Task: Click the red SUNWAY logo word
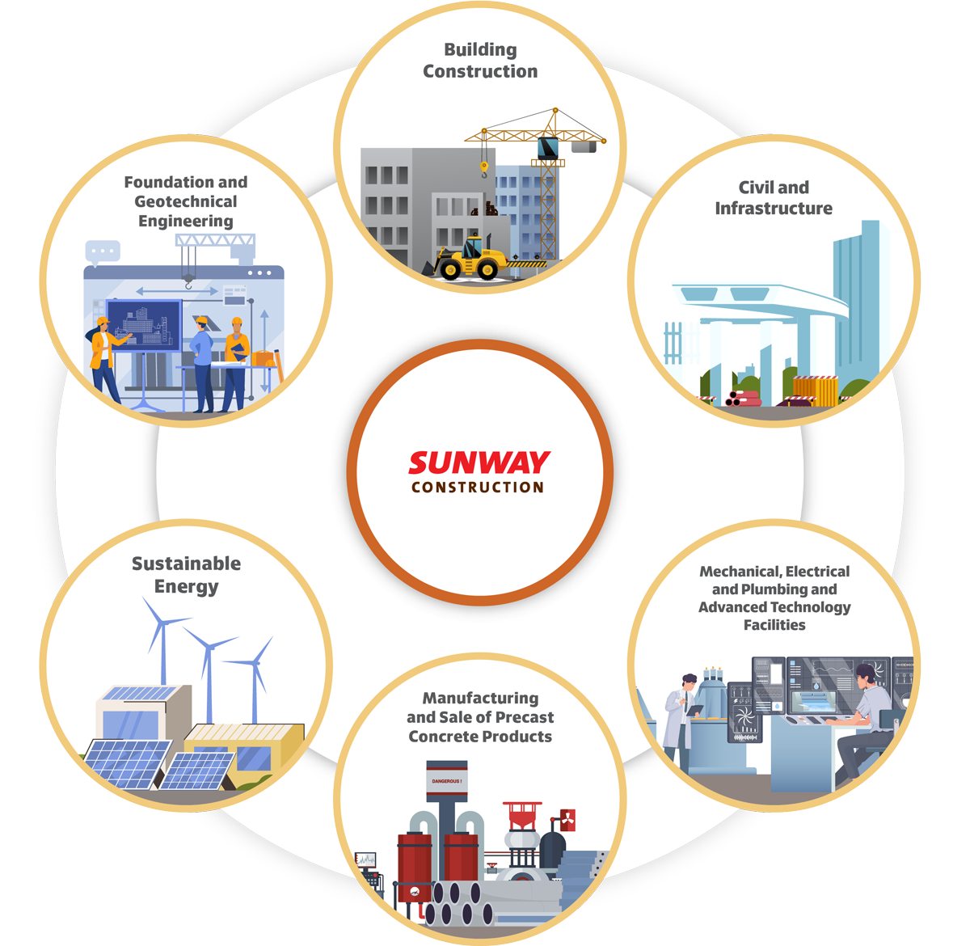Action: click(x=479, y=462)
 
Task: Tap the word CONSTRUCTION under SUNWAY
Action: click(x=478, y=488)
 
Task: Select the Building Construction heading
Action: click(x=480, y=61)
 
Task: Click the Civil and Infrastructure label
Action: click(x=774, y=197)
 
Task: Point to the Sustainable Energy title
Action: click(x=187, y=575)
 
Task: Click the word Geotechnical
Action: click(x=186, y=201)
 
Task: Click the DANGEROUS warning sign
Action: click(x=447, y=781)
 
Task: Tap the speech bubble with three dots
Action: click(x=103, y=251)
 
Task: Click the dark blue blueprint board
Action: click(x=144, y=326)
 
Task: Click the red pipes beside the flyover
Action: click(x=743, y=398)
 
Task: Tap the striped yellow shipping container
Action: click(x=816, y=391)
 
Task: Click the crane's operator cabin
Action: click(x=548, y=148)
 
